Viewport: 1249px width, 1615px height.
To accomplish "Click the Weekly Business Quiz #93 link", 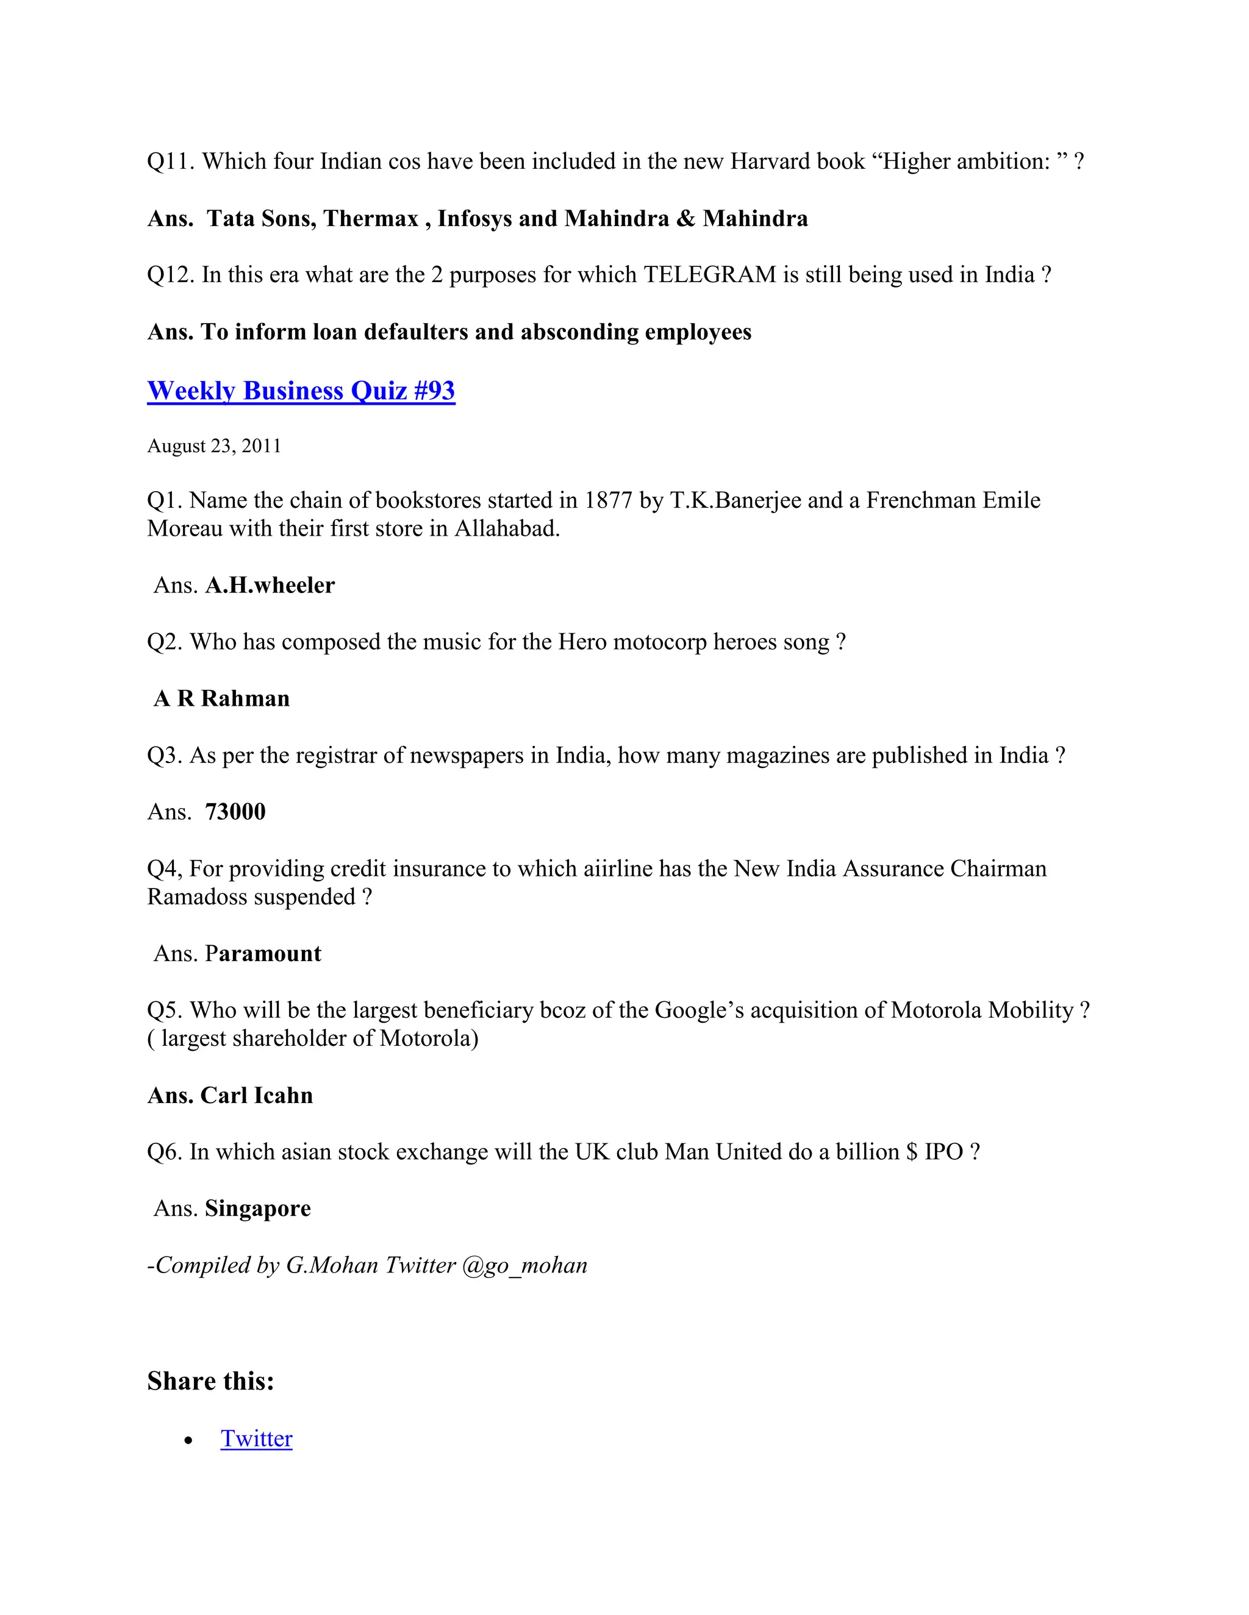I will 301,391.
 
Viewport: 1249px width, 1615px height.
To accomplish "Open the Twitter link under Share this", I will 256,1438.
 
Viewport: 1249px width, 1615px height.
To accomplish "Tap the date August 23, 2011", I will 214,446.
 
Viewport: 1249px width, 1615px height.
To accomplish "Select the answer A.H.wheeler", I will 270,585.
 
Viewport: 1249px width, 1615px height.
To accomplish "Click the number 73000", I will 235,811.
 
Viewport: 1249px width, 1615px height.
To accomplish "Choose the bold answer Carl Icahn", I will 256,1095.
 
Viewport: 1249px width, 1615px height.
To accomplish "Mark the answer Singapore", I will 257,1209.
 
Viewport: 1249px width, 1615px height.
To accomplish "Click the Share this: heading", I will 211,1380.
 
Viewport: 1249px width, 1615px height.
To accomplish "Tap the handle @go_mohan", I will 524,1265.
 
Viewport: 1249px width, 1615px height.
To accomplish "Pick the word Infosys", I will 474,218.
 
